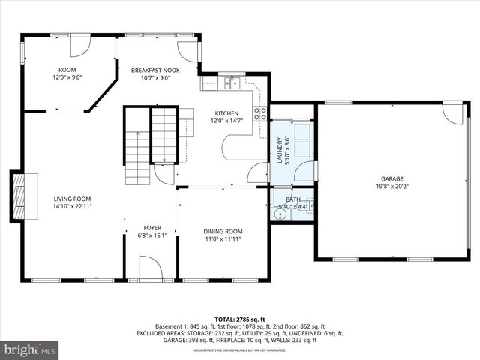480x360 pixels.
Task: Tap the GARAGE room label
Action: [391, 179]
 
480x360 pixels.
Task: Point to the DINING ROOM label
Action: [223, 231]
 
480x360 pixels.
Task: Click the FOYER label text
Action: [152, 227]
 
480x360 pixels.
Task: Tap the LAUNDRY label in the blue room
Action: [280, 150]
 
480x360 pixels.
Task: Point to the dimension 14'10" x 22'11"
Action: [72, 206]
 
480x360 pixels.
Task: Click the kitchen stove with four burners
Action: [260, 113]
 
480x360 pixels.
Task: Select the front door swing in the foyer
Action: [150, 267]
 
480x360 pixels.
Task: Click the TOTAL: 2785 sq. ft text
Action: [239, 319]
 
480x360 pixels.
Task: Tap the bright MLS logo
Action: [29, 350]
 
